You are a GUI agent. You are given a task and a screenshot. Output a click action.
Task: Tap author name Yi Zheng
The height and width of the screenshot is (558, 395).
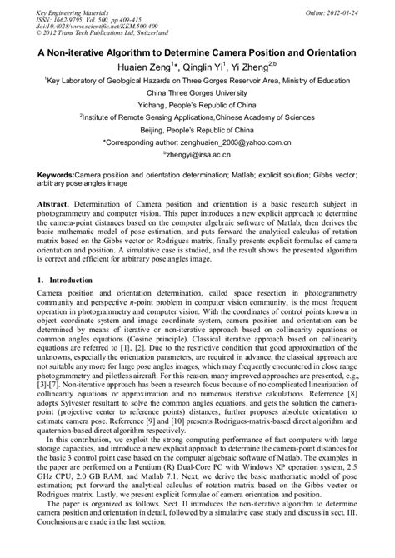(x=270, y=66)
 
